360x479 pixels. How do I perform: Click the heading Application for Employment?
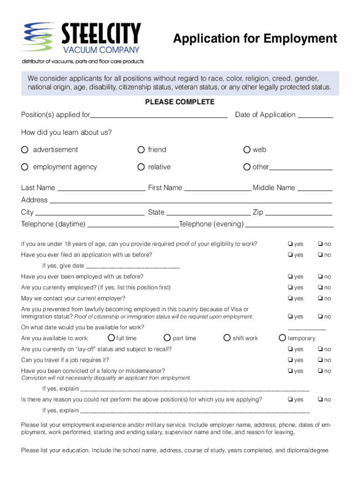[255, 39]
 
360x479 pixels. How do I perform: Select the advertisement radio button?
[25, 150]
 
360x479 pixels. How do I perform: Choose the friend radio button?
[141, 150]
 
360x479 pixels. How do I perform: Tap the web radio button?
[247, 150]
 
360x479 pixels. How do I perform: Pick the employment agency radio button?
[25, 167]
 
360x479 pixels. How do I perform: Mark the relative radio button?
[141, 167]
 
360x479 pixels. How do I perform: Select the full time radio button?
[111, 338]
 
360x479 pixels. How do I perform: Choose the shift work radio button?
[227, 338]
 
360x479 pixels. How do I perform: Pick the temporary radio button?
[282, 338]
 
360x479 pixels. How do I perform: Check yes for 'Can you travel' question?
[290, 360]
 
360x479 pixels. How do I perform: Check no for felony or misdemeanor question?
[320, 371]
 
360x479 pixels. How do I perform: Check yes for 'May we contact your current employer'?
[290, 298]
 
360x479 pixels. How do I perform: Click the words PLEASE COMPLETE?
[180, 102]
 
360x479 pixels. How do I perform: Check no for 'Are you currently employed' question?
[320, 288]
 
